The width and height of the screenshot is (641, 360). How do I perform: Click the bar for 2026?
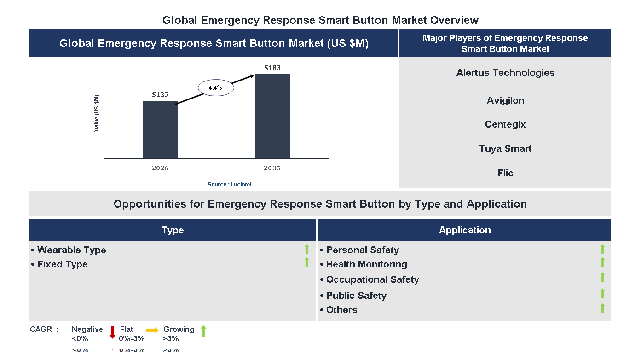tap(160, 130)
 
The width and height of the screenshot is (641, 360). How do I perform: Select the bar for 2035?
tap(272, 116)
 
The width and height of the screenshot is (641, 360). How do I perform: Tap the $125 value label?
tap(160, 94)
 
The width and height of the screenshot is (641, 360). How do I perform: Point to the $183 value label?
tap(272, 68)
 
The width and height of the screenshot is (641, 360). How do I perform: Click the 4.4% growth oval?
tap(216, 87)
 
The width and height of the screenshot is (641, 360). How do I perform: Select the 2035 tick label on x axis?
tap(272, 168)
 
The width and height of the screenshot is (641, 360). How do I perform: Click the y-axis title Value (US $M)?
tap(97, 113)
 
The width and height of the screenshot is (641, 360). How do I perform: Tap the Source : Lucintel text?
tap(229, 184)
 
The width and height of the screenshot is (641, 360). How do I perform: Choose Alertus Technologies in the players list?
tap(505, 73)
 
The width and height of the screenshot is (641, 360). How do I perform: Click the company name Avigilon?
tap(505, 100)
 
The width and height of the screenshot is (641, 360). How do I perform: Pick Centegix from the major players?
tap(505, 124)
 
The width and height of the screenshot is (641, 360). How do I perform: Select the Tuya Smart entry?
tap(505, 149)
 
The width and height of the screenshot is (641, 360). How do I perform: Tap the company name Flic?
tap(505, 173)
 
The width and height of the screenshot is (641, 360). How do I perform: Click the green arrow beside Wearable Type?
tap(306, 250)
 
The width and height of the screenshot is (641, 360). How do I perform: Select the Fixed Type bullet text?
tap(60, 264)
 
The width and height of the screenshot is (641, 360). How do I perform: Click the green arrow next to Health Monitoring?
tap(602, 262)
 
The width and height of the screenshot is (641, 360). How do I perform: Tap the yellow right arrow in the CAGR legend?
tap(152, 330)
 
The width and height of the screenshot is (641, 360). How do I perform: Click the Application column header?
tap(464, 230)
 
